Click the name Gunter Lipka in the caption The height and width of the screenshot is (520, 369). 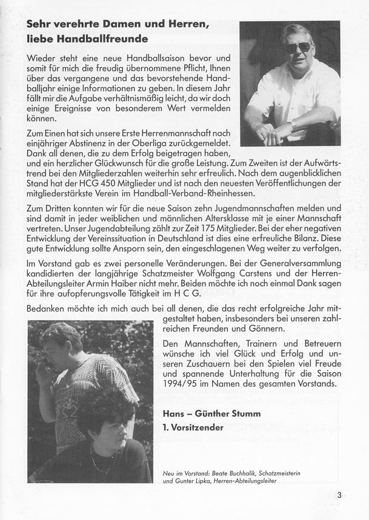(x=193, y=481)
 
